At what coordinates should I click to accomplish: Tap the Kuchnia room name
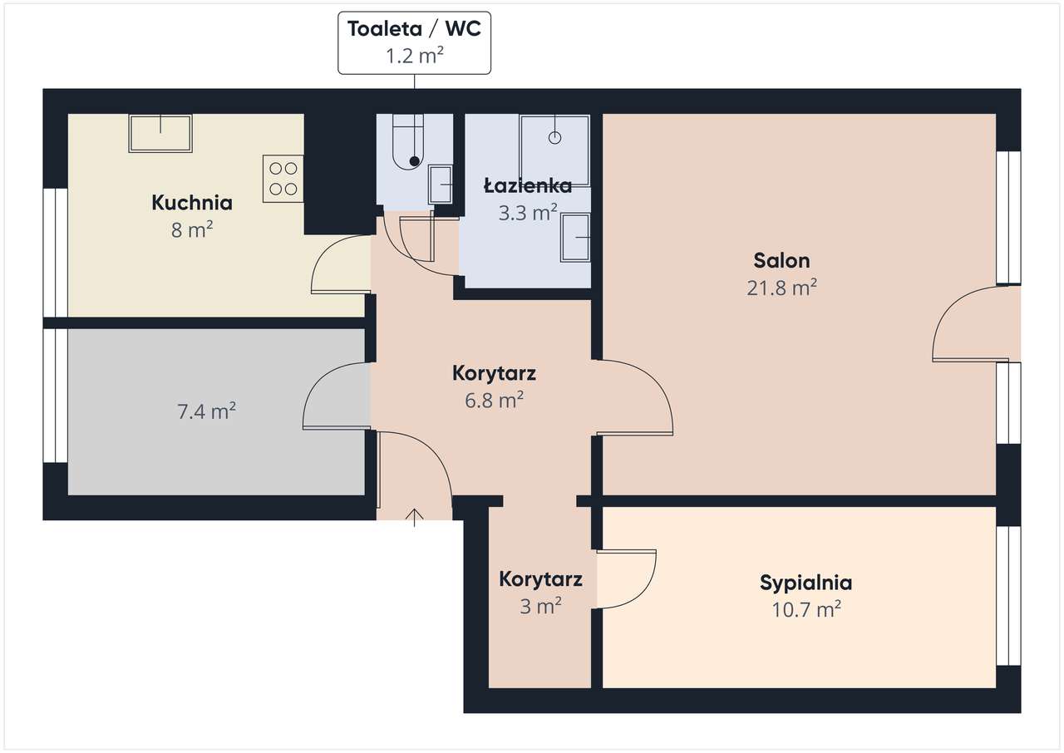[191, 202]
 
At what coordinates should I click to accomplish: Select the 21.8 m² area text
[781, 288]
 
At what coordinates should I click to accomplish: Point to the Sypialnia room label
[805, 583]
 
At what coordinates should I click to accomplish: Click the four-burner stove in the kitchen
[283, 179]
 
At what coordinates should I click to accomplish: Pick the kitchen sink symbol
[160, 133]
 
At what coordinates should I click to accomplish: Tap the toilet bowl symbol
[408, 143]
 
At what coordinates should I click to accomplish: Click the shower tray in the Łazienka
[554, 150]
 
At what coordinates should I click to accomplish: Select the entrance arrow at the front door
[414, 517]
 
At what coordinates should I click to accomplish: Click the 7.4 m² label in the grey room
[207, 411]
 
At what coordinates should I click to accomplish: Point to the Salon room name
[781, 260]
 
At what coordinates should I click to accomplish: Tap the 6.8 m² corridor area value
[494, 401]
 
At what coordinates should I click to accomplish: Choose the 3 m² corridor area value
[540, 607]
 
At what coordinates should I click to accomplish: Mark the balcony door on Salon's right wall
[964, 324]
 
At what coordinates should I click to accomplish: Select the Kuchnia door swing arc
[339, 266]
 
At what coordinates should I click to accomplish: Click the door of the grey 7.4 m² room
[335, 396]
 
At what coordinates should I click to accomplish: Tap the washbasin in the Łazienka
[575, 238]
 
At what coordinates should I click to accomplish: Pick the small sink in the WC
[441, 184]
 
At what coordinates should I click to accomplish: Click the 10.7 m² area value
[805, 610]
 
